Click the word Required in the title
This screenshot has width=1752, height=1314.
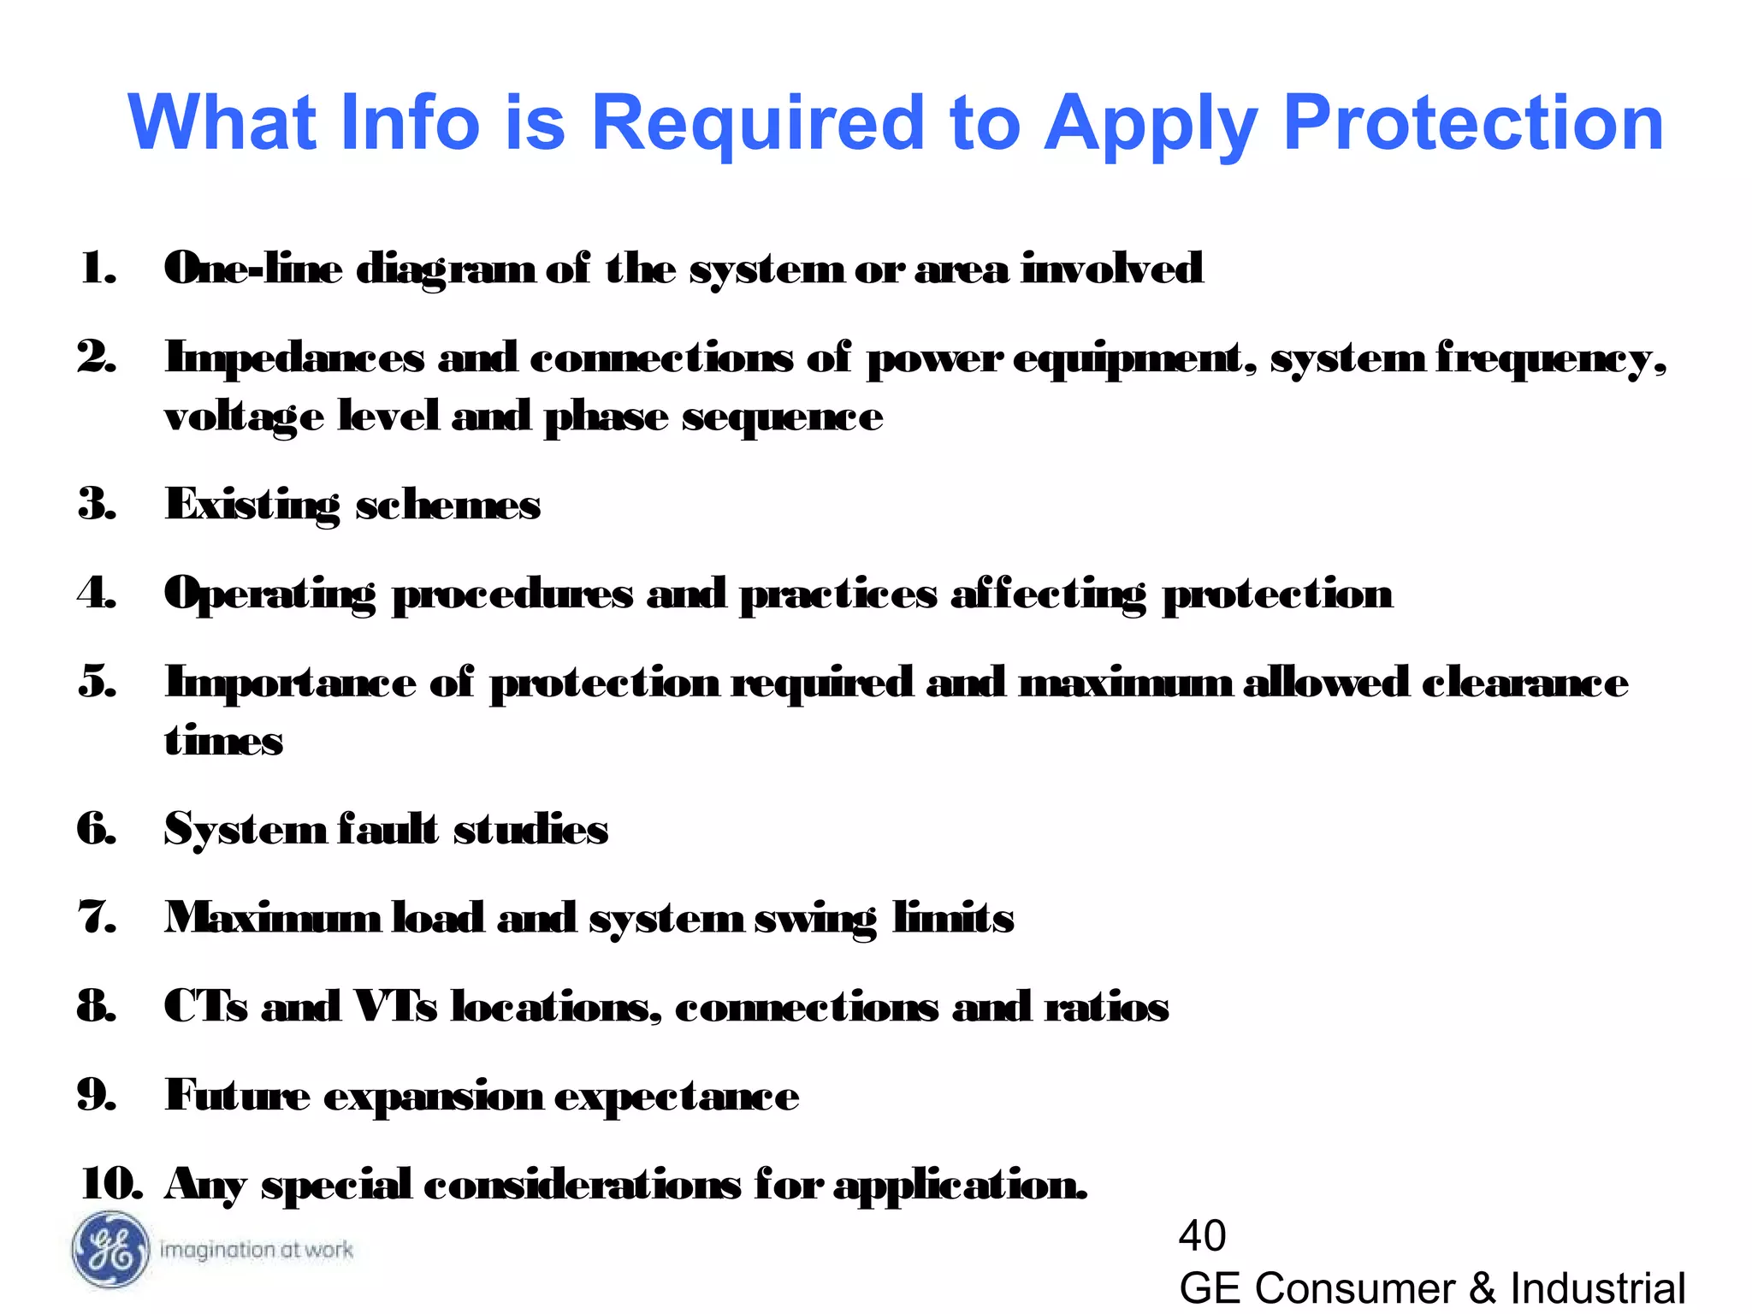tap(758, 123)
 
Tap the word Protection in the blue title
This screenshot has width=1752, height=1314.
tap(1473, 123)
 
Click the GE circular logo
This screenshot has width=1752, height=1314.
tap(110, 1249)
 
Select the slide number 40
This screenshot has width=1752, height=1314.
tap(1202, 1235)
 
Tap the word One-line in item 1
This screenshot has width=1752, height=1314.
tap(253, 269)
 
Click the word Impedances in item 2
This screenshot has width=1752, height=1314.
tap(294, 358)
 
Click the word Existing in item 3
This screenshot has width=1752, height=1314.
tap(252, 505)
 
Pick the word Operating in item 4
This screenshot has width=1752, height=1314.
tap(269, 594)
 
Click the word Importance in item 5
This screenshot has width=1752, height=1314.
tap(290, 684)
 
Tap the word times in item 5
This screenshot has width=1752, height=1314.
tap(223, 741)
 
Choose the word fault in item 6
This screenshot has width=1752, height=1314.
tap(388, 829)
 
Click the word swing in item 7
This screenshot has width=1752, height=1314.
tap(815, 919)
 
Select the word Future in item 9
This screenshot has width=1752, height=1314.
tap(238, 1095)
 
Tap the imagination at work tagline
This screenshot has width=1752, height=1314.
tap(256, 1250)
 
